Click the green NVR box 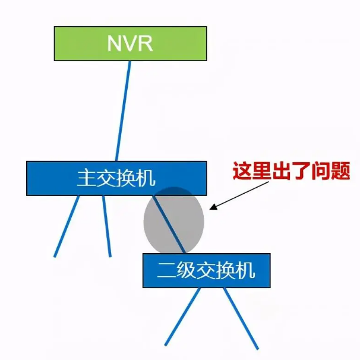tap(130, 43)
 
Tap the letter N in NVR tap(114, 43)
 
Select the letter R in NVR tap(146, 43)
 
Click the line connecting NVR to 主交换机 tap(123, 111)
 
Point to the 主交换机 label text tap(116, 178)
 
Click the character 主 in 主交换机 tap(86, 178)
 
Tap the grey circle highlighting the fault tap(174, 220)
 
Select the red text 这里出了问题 tap(291, 171)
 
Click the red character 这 tap(242, 171)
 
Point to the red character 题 tap(341, 171)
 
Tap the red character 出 tap(282, 171)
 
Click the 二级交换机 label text tap(206, 270)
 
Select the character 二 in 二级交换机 tap(166, 271)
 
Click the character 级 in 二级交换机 tap(186, 270)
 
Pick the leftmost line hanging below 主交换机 tap(67, 226)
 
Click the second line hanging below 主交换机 tap(107, 226)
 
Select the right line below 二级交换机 tap(241, 318)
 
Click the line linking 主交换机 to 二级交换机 tap(169, 225)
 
